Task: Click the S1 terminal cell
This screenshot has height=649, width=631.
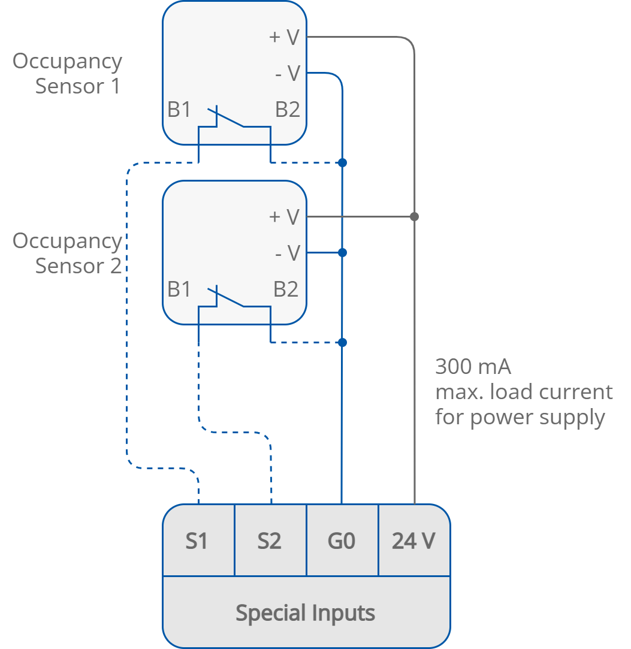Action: pos(198,541)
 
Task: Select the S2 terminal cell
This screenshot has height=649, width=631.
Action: pos(270,541)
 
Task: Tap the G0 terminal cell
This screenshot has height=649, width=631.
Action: pos(342,541)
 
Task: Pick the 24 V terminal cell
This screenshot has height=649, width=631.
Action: pos(413,541)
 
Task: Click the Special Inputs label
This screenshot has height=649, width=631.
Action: pos(306,613)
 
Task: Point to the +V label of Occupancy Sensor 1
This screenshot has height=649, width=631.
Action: pos(284,37)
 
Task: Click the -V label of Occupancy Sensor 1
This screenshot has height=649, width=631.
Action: pos(287,73)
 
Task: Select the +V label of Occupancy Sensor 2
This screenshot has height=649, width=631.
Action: pos(284,216)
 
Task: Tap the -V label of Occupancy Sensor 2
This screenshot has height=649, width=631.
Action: pos(287,253)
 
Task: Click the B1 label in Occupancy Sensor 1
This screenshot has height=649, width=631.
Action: pos(179,110)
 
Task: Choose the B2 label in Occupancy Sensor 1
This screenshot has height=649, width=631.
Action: pos(287,110)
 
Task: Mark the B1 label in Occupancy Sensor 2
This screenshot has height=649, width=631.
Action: pos(179,289)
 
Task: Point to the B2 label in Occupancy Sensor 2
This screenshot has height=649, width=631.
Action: pos(286,289)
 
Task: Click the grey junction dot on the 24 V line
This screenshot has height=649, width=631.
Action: pos(414,216)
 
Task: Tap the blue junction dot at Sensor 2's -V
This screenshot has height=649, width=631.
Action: pos(342,253)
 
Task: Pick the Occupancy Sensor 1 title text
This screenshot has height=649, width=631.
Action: pos(67,73)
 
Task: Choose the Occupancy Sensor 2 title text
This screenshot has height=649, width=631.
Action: pos(67,253)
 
